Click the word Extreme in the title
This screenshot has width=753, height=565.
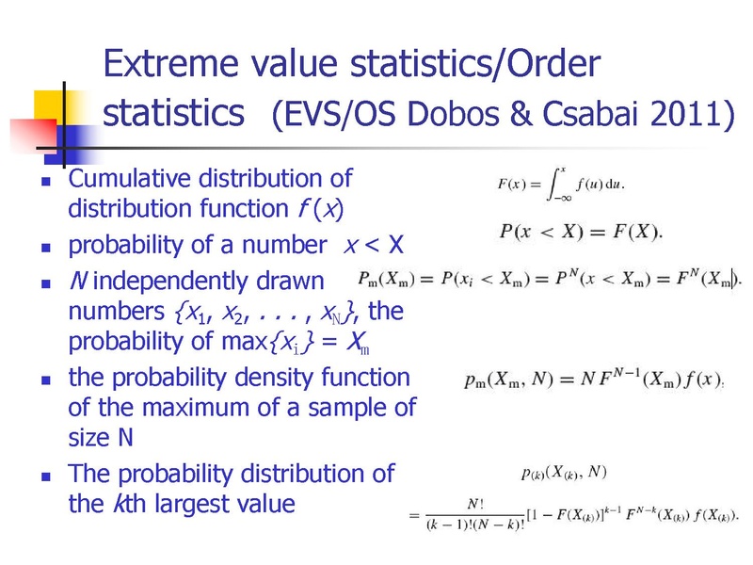[171, 63]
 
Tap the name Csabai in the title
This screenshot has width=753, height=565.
[592, 114]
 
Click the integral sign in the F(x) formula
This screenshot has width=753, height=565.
[556, 184]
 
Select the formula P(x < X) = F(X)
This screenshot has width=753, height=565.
[581, 232]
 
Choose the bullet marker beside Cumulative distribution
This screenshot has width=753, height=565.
[46, 182]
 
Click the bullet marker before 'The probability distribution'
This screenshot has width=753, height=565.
[46, 476]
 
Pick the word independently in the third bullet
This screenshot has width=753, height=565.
[208, 282]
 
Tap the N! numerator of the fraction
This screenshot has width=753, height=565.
[475, 504]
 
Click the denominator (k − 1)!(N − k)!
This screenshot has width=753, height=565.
[475, 525]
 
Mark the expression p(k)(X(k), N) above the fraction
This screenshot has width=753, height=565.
[564, 473]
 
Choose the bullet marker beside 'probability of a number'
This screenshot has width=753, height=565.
[46, 248]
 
